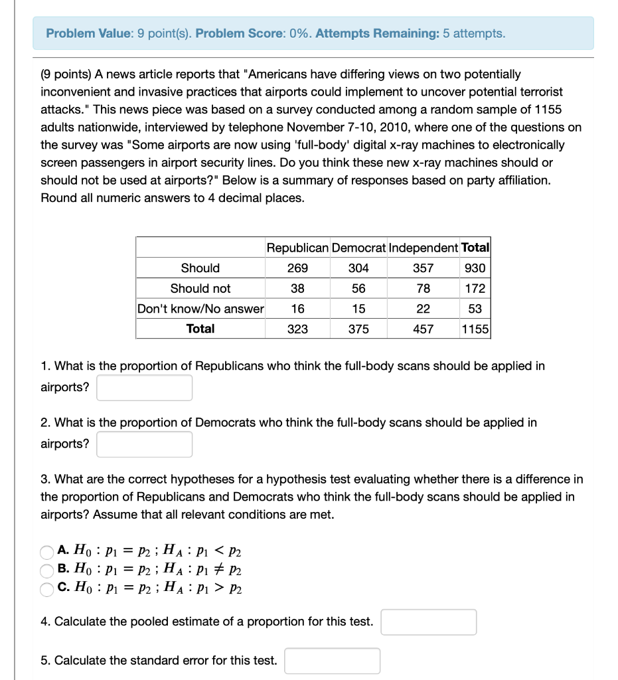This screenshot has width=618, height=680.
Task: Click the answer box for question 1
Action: pyautogui.click(x=145, y=388)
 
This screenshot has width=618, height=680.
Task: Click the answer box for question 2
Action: pyautogui.click(x=145, y=444)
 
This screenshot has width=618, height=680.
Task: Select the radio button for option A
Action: pyautogui.click(x=46, y=551)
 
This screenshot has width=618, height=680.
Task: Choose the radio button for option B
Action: pyautogui.click(x=46, y=570)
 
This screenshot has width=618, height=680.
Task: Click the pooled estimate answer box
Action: pyautogui.click(x=429, y=622)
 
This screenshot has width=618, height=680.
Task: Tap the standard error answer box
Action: pyautogui.click(x=333, y=661)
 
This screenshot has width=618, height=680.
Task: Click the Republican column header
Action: pyautogui.click(x=297, y=248)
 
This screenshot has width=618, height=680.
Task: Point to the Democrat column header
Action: pyautogui.click(x=358, y=248)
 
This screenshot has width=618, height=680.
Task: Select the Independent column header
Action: pyautogui.click(x=424, y=248)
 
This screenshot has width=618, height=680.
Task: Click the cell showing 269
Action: pyautogui.click(x=297, y=268)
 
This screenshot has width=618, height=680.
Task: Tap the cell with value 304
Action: pyautogui.click(x=358, y=268)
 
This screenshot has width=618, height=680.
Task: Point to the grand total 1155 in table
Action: pyautogui.click(x=475, y=329)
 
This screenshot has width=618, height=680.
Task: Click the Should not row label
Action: pyautogui.click(x=200, y=288)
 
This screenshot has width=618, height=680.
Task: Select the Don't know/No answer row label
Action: pyautogui.click(x=200, y=309)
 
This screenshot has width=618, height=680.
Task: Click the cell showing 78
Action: pyautogui.click(x=424, y=288)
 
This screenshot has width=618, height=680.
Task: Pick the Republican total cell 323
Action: pyautogui.click(x=297, y=329)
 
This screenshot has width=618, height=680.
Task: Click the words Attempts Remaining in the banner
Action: pyautogui.click(x=377, y=33)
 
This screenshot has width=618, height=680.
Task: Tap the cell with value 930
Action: pyautogui.click(x=475, y=268)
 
